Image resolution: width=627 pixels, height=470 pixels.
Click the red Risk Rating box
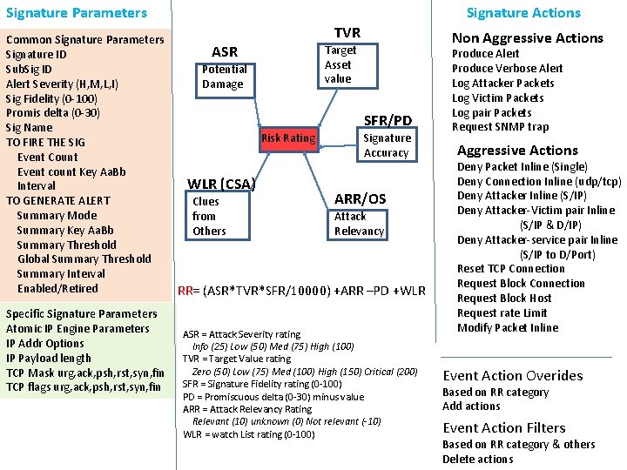click(288, 138)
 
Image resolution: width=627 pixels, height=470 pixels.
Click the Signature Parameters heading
click(77, 13)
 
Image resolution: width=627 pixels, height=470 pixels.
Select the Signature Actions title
click(523, 13)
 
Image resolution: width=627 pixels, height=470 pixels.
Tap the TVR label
click(347, 32)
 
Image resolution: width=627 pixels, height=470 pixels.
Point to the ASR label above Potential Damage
click(225, 52)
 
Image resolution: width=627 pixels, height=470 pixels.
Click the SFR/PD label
click(388, 119)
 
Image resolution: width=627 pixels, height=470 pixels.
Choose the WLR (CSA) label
click(222, 184)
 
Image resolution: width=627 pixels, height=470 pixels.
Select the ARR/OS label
click(360, 198)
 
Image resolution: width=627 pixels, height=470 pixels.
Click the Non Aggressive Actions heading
click(527, 38)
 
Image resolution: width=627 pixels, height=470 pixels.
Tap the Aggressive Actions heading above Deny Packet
click(517, 151)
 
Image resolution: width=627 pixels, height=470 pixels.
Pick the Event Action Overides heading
click(513, 376)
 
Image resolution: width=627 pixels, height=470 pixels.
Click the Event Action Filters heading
click(505, 427)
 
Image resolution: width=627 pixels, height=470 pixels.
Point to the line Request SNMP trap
click(500, 127)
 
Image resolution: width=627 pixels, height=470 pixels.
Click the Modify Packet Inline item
click(508, 328)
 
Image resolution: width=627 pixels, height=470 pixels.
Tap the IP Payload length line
click(49, 358)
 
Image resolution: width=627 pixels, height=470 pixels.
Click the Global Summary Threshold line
click(84, 259)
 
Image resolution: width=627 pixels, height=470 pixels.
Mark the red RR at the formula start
click(185, 291)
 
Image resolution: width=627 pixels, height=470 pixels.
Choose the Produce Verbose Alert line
click(507, 68)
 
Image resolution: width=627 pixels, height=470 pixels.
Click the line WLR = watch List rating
click(249, 434)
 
